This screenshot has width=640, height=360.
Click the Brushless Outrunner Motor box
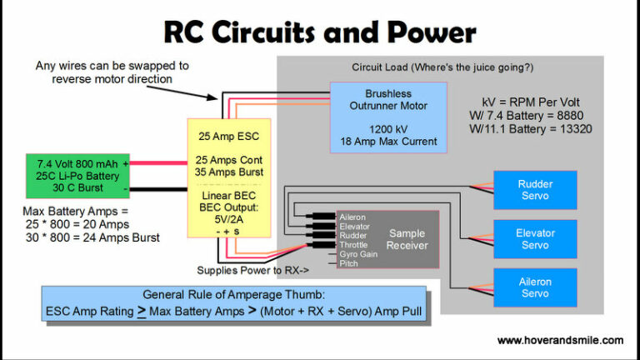388,117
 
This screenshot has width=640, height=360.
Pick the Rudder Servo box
534,190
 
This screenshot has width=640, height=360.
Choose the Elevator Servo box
534,239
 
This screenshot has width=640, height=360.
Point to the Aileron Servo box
534,287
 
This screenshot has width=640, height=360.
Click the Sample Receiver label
408,239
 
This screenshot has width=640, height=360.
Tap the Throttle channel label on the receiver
354,245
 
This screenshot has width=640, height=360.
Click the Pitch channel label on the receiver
348,263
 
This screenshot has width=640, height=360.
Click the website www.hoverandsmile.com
559,340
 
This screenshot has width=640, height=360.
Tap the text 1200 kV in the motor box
388,130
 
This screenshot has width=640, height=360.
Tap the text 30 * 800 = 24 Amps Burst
92,237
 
